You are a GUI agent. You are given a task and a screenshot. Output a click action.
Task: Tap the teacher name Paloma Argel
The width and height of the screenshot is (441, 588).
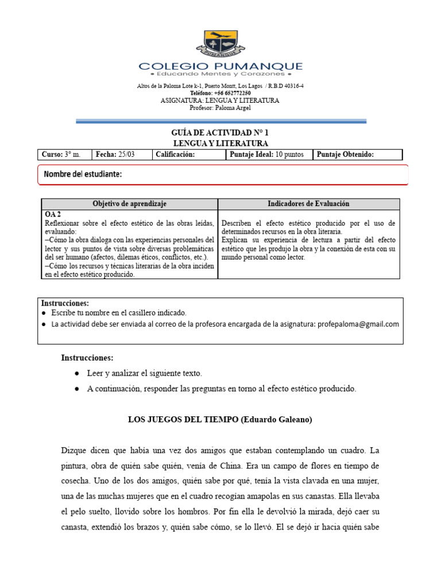point(234,108)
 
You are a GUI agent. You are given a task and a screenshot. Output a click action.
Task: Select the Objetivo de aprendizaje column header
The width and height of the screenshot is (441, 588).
point(130,204)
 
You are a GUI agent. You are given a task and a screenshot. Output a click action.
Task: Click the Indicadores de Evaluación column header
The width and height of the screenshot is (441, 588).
point(308,204)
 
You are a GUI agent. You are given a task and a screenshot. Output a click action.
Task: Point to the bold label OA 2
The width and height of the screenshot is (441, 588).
point(53,213)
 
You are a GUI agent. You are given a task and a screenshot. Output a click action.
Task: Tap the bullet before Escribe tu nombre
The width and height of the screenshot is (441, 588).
point(45,313)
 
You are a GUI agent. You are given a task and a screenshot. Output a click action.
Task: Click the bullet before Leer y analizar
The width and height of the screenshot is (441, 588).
point(77,373)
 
